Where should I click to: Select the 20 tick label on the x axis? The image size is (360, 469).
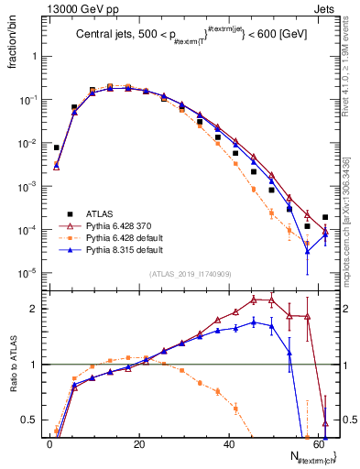tap(138, 442)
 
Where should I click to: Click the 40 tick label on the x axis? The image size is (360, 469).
tap(228, 442)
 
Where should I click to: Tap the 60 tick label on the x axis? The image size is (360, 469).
tap(317, 442)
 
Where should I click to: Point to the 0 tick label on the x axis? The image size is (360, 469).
tap(49, 442)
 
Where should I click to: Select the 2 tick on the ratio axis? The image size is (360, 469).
tap(38, 309)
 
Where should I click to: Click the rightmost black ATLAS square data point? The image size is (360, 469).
tap(325, 217)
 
